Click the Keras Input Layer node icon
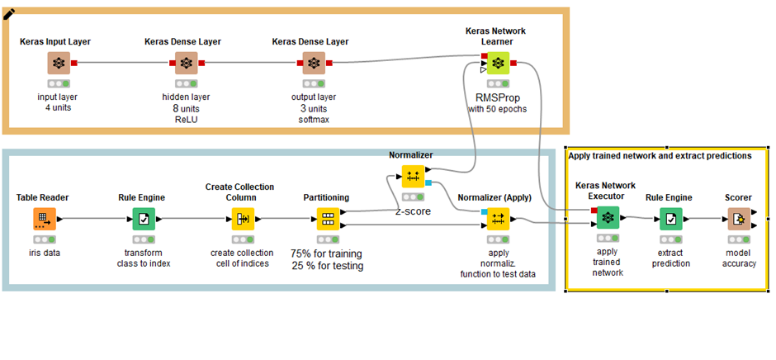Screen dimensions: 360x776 pyautogui.click(x=58, y=63)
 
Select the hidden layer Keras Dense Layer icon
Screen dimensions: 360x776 pyautogui.click(x=187, y=63)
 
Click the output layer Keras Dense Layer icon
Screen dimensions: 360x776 pyautogui.click(x=313, y=63)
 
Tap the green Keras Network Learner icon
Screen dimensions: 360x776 pyautogui.click(x=497, y=63)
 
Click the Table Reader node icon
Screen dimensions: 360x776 pyautogui.click(x=44, y=219)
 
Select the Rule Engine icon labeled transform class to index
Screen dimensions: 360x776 pyautogui.click(x=144, y=219)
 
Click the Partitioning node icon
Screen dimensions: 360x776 pyautogui.click(x=327, y=219)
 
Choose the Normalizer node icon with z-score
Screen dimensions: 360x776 pyautogui.click(x=412, y=176)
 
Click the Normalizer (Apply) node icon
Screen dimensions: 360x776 pyautogui.click(x=498, y=219)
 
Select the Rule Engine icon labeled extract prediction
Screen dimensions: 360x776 pyautogui.click(x=669, y=219)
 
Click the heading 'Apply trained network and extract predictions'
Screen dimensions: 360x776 pyautogui.click(x=660, y=155)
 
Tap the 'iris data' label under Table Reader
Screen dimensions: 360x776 pyautogui.click(x=44, y=252)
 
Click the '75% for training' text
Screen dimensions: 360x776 pyautogui.click(x=327, y=253)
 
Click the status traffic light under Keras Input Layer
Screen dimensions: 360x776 pyautogui.click(x=58, y=83)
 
